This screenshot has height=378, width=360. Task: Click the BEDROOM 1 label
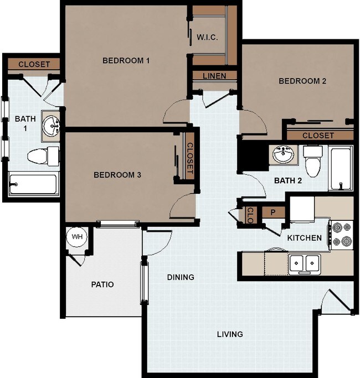pos(126,61)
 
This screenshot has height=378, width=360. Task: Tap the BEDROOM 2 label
pos(302,81)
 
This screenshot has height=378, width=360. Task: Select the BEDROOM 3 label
pos(117,175)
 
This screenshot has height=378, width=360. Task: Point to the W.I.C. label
pos(207,38)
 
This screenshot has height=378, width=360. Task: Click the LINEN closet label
pos(214,76)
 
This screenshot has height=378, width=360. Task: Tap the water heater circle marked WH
pos(77,237)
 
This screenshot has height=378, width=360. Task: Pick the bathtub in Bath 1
pos(33,184)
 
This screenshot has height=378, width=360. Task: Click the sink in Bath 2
pos(284,155)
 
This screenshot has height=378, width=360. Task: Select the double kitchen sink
pos(304,262)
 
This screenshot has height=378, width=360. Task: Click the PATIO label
pos(102,284)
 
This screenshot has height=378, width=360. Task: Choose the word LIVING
pos(229,334)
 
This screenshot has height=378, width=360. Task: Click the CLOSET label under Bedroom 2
pos(318,136)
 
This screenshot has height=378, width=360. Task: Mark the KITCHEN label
pos(304,238)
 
